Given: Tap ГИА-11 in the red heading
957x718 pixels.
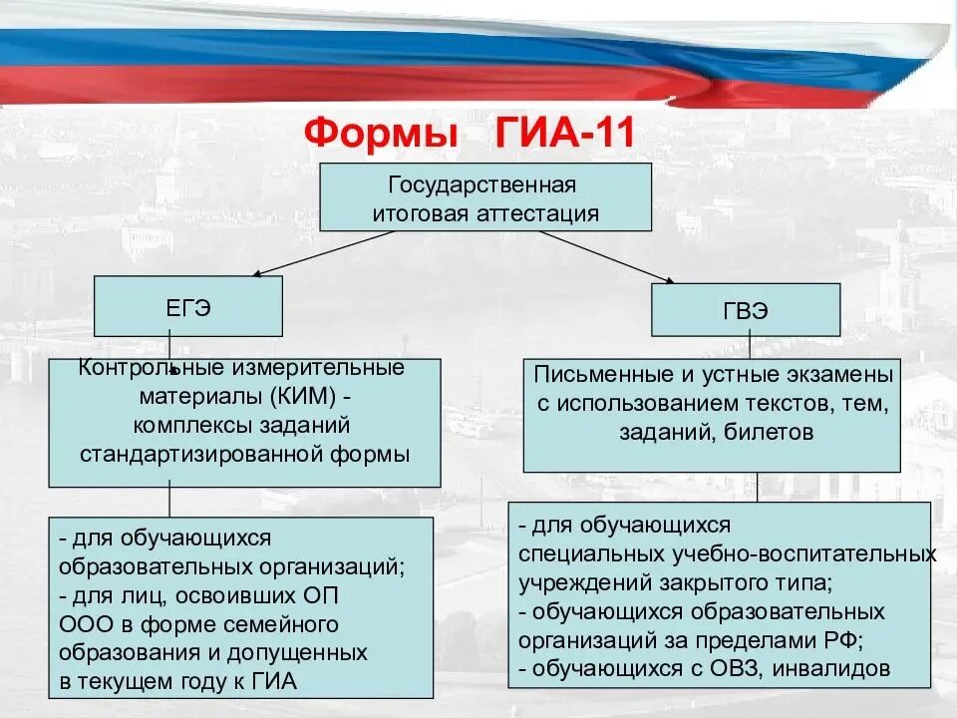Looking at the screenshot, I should pyautogui.click(x=564, y=133).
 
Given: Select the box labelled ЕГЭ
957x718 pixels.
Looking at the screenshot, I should pyautogui.click(x=187, y=306).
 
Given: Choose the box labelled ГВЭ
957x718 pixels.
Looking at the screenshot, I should pyautogui.click(x=745, y=310).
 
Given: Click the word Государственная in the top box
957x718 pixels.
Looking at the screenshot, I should pyautogui.click(x=483, y=185).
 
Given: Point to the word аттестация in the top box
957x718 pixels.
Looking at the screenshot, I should pyautogui.click(x=538, y=212).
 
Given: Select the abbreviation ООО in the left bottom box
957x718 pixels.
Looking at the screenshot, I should pyautogui.click(x=83, y=624).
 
